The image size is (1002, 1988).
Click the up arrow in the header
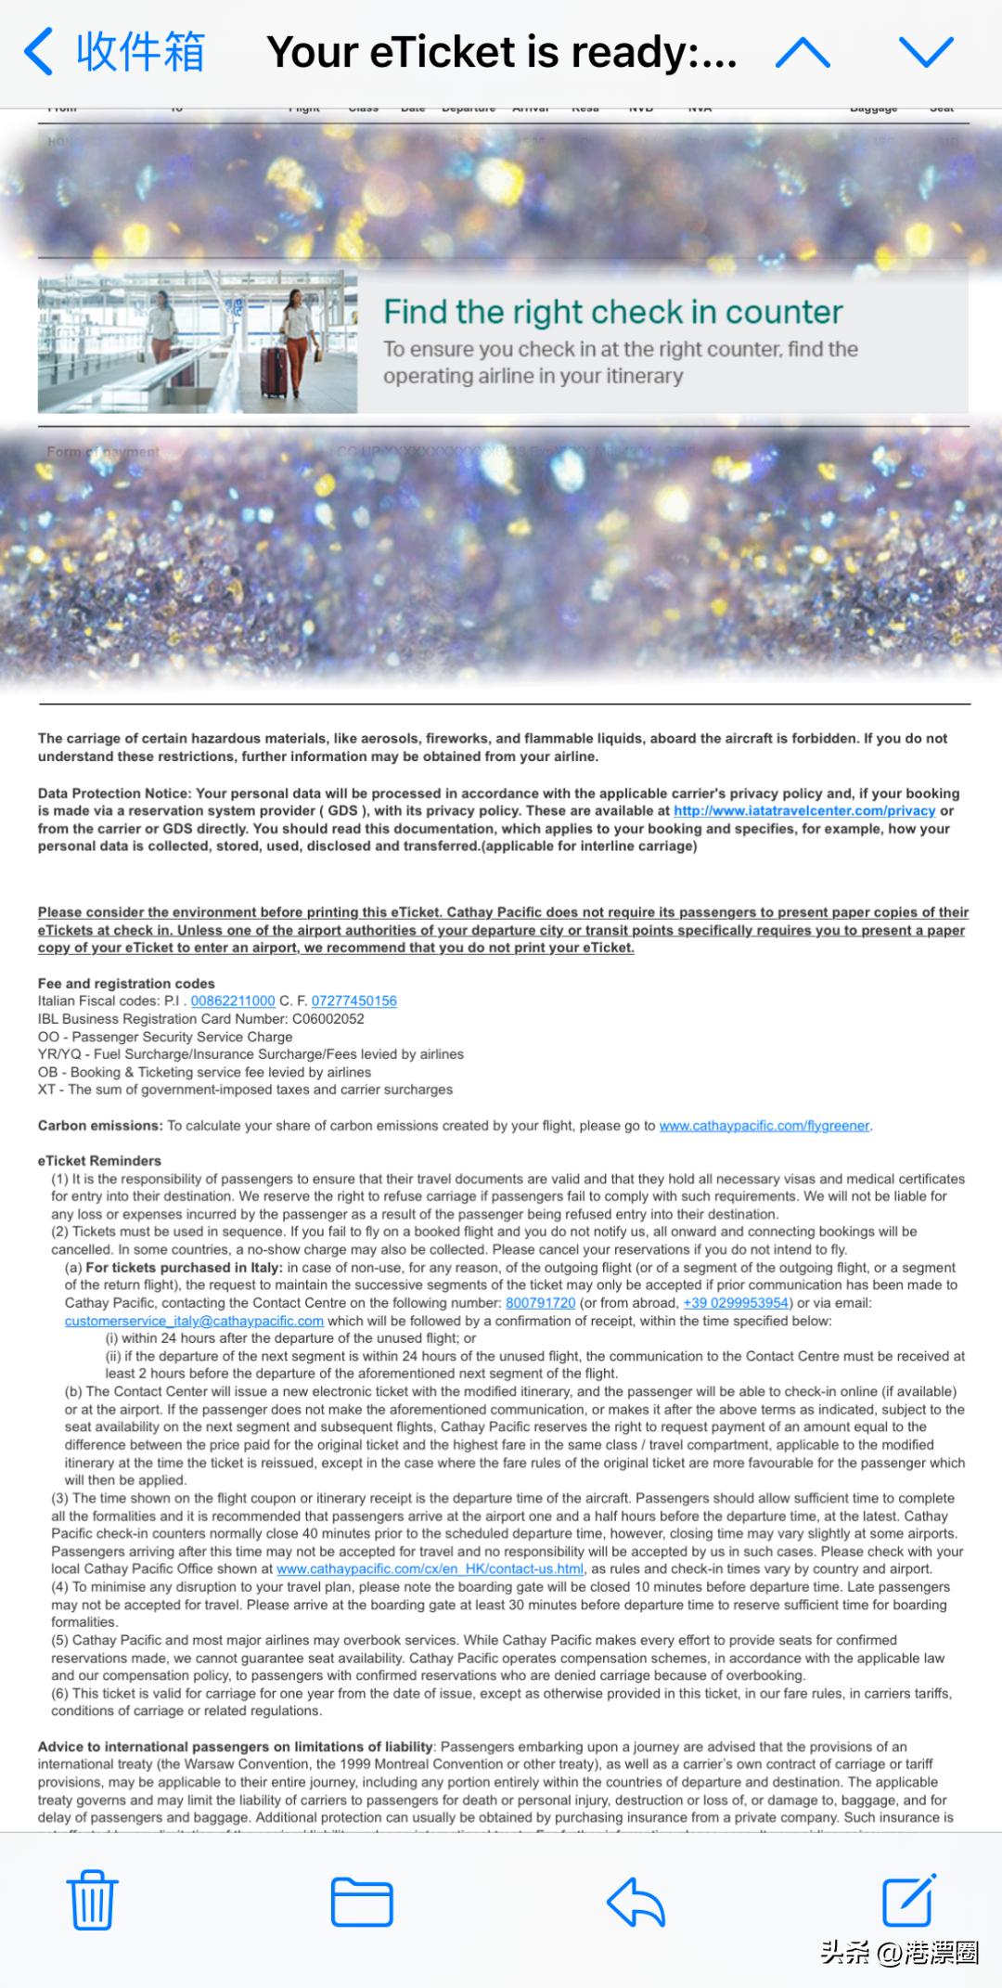802,53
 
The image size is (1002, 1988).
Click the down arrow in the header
925,53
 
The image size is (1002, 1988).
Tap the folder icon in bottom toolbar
362,1901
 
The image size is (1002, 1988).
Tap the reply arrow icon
636,1901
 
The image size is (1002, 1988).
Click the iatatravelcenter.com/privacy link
803,810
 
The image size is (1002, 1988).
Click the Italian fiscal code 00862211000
233,1000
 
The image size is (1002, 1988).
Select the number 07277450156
353,1000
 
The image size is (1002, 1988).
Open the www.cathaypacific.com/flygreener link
764,1126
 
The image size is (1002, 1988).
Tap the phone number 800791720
540,1303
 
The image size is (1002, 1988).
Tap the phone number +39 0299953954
736,1303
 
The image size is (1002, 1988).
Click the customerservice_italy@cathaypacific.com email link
194,1321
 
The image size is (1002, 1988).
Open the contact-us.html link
430,1568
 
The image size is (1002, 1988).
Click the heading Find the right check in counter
612,312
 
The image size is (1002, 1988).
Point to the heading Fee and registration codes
126,983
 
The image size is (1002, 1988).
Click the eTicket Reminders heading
99,1161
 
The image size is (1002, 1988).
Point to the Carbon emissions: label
100,1126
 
